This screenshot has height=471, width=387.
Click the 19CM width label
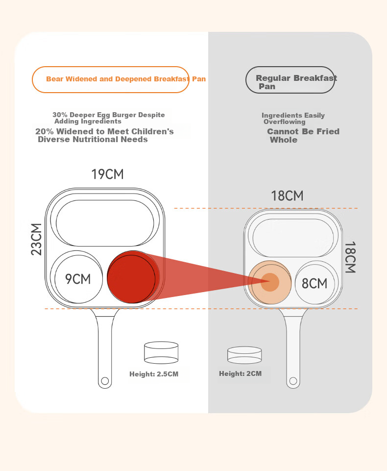(x=107, y=174)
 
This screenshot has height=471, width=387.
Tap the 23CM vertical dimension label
(x=36, y=239)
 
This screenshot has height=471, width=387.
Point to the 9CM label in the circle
(x=78, y=279)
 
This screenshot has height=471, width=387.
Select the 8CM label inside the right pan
(x=314, y=284)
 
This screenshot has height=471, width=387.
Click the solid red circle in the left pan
(x=133, y=277)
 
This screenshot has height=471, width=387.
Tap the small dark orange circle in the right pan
(x=270, y=282)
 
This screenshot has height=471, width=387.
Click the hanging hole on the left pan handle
(x=105, y=381)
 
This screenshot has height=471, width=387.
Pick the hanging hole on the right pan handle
(x=293, y=381)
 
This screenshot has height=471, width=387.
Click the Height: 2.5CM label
(x=154, y=374)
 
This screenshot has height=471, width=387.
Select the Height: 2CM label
(x=240, y=373)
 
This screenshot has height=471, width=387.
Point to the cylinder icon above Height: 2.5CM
(x=161, y=353)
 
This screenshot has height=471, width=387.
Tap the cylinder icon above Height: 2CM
(x=244, y=355)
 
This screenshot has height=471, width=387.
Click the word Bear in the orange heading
(x=55, y=79)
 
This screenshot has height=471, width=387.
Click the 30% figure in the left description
(x=60, y=115)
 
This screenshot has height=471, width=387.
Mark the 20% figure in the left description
(x=45, y=131)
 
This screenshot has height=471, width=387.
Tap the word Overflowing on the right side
(x=285, y=122)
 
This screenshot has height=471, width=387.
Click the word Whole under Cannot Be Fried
(x=284, y=140)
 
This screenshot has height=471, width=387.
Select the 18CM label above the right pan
(x=288, y=196)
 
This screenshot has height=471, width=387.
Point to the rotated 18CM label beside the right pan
(x=350, y=257)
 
